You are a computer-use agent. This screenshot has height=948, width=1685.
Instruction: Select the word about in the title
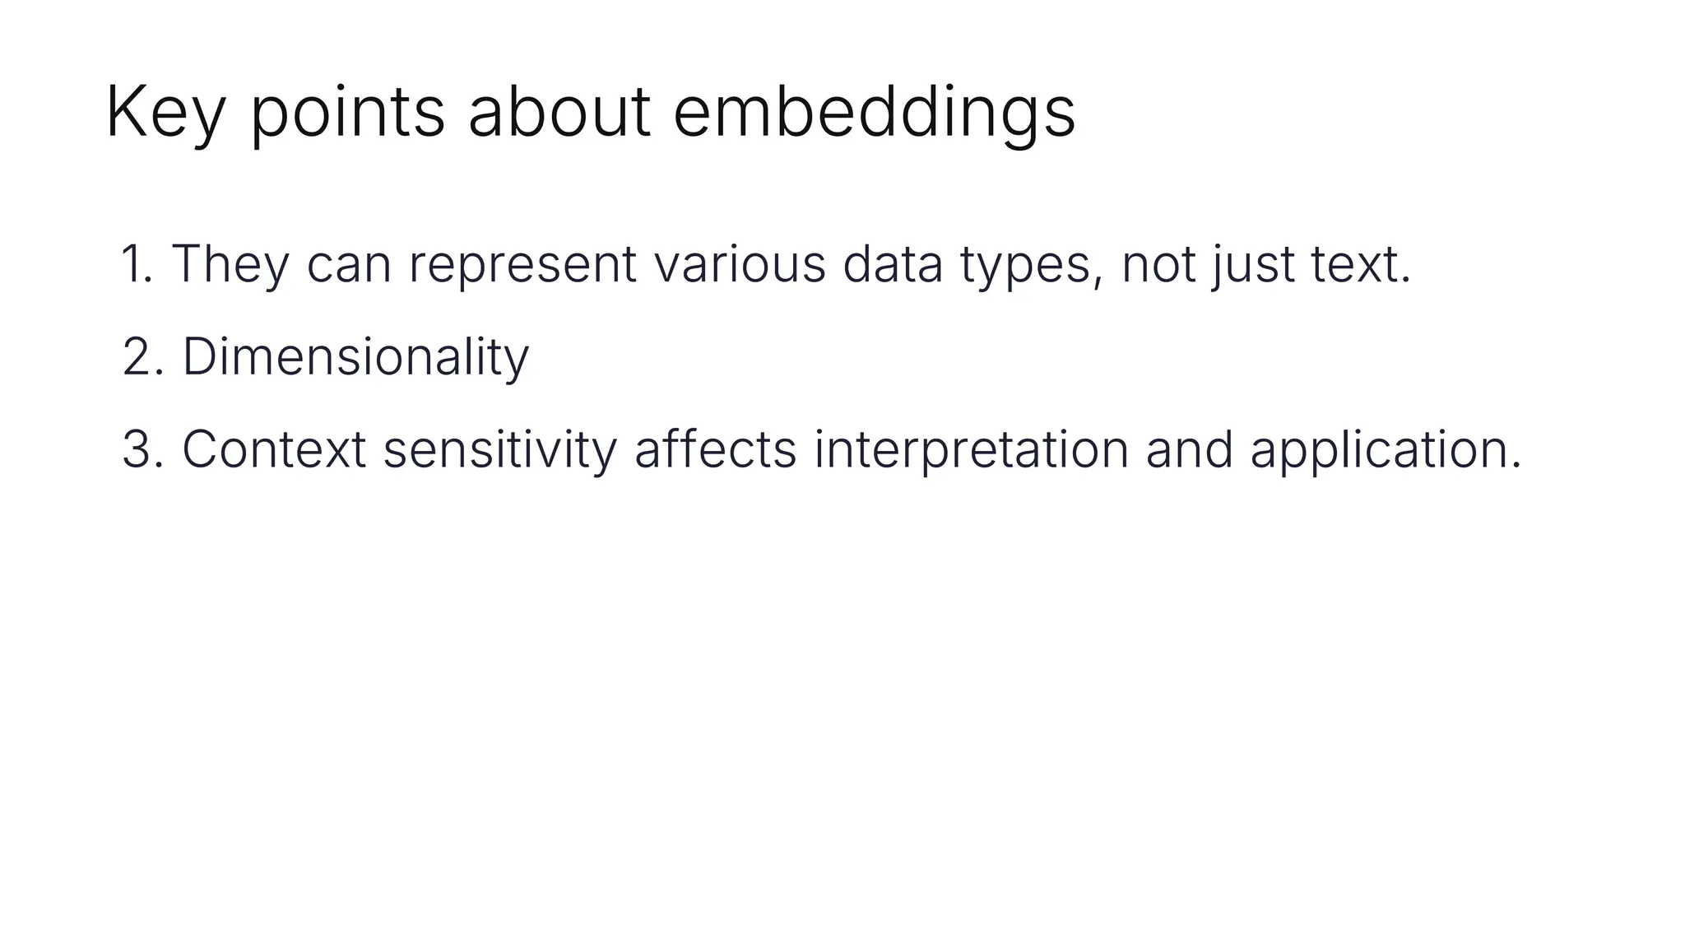[x=559, y=113]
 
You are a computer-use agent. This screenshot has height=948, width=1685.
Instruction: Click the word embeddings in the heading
[x=874, y=113]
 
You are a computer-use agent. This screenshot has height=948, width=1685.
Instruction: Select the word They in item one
[x=230, y=265]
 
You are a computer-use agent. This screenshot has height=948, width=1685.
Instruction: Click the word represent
[x=522, y=265]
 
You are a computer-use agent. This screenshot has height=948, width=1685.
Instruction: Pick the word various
[x=740, y=265]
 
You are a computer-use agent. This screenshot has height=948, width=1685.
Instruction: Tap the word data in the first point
[x=893, y=265]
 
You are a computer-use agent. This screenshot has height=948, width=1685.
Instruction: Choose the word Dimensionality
[x=355, y=358]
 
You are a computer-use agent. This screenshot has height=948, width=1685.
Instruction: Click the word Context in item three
[x=274, y=451]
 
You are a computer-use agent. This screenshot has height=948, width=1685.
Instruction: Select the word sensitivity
[x=499, y=451]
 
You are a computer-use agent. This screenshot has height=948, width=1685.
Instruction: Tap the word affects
[x=715, y=451]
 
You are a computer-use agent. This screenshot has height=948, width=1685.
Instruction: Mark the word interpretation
[x=972, y=451]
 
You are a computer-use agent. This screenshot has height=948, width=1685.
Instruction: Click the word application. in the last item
[x=1386, y=451]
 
